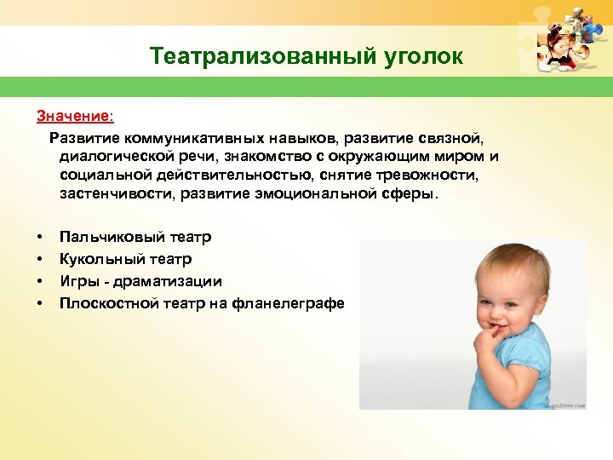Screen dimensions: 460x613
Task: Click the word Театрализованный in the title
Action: [x=259, y=57]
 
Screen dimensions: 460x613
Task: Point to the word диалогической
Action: [x=109, y=156]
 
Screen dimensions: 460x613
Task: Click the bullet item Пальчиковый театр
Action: [x=135, y=237]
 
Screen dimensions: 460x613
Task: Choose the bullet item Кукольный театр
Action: [x=125, y=259]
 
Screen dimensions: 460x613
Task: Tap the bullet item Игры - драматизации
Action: [x=140, y=281]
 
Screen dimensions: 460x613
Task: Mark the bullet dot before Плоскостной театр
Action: [x=39, y=303]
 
